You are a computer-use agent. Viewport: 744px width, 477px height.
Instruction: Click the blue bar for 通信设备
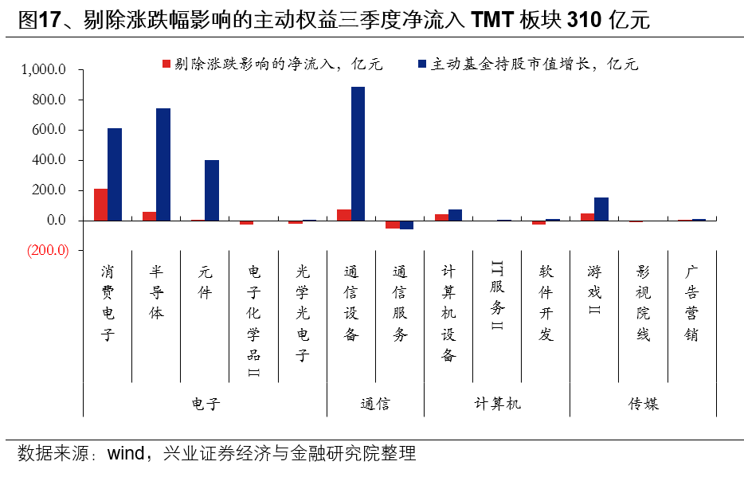click(x=358, y=153)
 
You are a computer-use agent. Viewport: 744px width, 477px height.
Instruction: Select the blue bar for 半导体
click(x=163, y=164)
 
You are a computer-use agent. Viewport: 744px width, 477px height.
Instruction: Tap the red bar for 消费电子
click(x=100, y=204)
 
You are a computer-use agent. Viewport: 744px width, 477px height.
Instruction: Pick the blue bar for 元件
click(x=212, y=190)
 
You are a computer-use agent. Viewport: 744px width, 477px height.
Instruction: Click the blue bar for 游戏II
click(x=601, y=209)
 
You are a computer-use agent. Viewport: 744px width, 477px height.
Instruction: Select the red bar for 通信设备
click(x=343, y=214)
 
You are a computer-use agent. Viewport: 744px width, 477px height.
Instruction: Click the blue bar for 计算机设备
click(x=455, y=214)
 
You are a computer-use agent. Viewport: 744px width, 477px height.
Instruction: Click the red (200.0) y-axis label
click(x=49, y=250)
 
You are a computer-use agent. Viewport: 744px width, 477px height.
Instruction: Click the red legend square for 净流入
click(x=166, y=64)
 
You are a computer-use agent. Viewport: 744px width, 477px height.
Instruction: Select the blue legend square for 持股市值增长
click(x=421, y=64)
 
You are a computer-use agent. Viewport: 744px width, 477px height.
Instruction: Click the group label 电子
click(x=205, y=404)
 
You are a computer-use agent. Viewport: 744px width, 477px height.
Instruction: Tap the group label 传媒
click(x=643, y=404)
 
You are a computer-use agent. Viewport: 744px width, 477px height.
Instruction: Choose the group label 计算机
click(x=497, y=404)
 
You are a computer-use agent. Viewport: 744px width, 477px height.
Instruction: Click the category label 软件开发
click(x=546, y=303)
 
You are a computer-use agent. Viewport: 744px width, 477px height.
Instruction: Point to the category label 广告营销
click(x=691, y=303)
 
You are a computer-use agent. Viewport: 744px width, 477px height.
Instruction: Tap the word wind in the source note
click(x=125, y=454)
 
